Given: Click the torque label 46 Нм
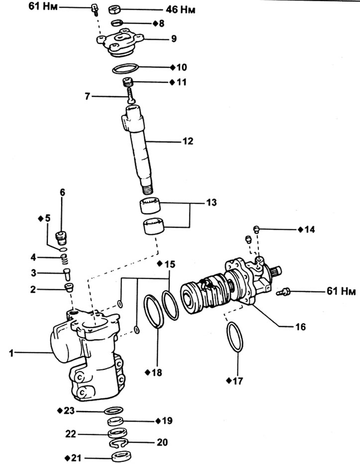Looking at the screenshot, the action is click(x=180, y=9).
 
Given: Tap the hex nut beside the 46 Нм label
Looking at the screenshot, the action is click(x=115, y=10).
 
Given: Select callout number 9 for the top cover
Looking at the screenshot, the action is click(x=174, y=38).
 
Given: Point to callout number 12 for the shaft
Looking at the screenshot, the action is click(x=188, y=141).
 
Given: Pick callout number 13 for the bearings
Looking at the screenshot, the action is click(x=212, y=202).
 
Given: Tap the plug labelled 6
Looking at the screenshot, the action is click(x=62, y=238).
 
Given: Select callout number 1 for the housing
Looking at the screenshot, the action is click(x=11, y=353).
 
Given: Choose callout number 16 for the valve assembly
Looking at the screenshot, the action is click(x=300, y=327).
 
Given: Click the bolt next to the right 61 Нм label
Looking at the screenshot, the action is click(x=283, y=292).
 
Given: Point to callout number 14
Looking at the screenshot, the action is click(x=309, y=229).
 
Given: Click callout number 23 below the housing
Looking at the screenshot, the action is click(x=69, y=411).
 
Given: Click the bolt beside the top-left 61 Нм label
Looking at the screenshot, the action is click(x=94, y=8).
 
